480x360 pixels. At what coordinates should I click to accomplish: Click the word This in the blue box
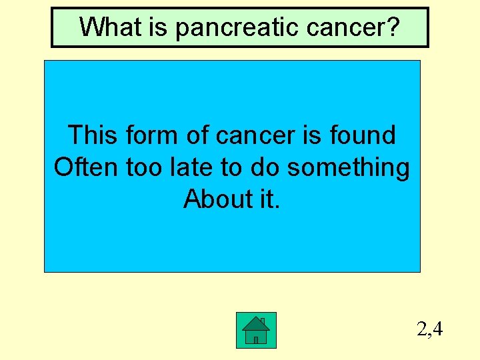click(92, 135)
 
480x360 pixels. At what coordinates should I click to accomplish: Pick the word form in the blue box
click(151, 135)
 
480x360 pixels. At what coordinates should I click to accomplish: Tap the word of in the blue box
click(198, 135)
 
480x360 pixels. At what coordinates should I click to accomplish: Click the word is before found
click(313, 135)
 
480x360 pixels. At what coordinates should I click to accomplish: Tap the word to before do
click(231, 167)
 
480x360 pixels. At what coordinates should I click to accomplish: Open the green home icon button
click(256, 330)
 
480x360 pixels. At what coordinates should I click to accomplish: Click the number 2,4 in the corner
click(429, 329)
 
